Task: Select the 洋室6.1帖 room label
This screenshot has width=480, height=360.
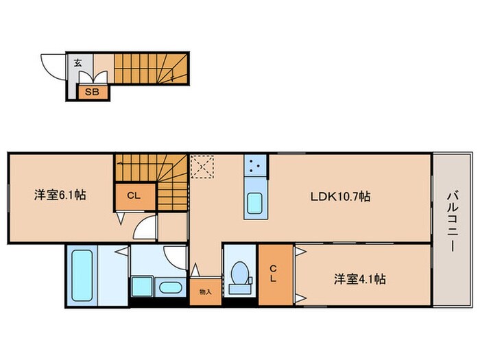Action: (60, 195)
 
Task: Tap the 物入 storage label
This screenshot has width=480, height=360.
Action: (205, 291)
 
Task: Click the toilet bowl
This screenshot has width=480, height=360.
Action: (240, 275)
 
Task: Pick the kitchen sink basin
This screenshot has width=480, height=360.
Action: (255, 204)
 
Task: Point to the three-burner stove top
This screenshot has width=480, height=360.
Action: (256, 165)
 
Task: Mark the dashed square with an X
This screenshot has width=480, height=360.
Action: (202, 166)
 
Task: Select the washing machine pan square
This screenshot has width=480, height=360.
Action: (141, 287)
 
